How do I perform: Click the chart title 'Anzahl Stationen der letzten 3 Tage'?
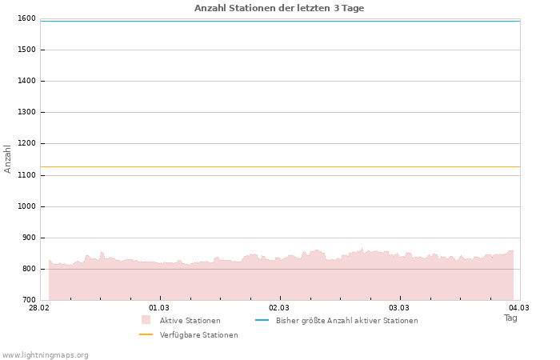click(x=279, y=8)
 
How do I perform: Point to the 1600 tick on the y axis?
click(x=26, y=18)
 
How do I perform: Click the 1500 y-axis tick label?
click(x=26, y=50)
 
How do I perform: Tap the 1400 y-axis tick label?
click(x=26, y=81)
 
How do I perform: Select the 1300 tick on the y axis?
click(x=26, y=112)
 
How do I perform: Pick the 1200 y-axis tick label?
click(x=26, y=143)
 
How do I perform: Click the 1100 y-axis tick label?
click(x=26, y=174)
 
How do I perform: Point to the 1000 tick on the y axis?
click(x=26, y=206)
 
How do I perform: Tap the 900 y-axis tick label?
click(x=29, y=238)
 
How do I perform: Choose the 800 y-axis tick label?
click(x=29, y=269)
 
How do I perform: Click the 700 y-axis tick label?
click(x=29, y=300)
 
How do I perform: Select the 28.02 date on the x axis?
click(x=39, y=308)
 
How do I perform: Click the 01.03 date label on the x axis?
click(x=159, y=308)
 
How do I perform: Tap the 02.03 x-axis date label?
click(x=279, y=308)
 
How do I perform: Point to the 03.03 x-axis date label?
click(x=399, y=308)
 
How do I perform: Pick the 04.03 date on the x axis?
click(x=519, y=308)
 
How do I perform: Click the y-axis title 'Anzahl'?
click(x=8, y=159)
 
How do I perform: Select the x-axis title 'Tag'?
click(x=510, y=318)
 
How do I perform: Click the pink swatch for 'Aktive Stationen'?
click(x=146, y=320)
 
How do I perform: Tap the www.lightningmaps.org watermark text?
click(x=46, y=354)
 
